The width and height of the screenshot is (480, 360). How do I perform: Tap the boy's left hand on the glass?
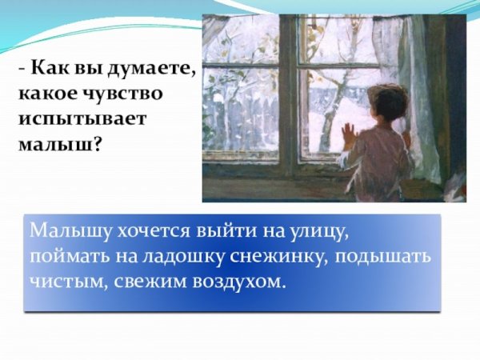click(348, 134)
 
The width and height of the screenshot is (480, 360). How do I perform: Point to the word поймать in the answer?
click(63, 258)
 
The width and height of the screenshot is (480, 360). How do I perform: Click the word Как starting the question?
click(45, 70)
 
